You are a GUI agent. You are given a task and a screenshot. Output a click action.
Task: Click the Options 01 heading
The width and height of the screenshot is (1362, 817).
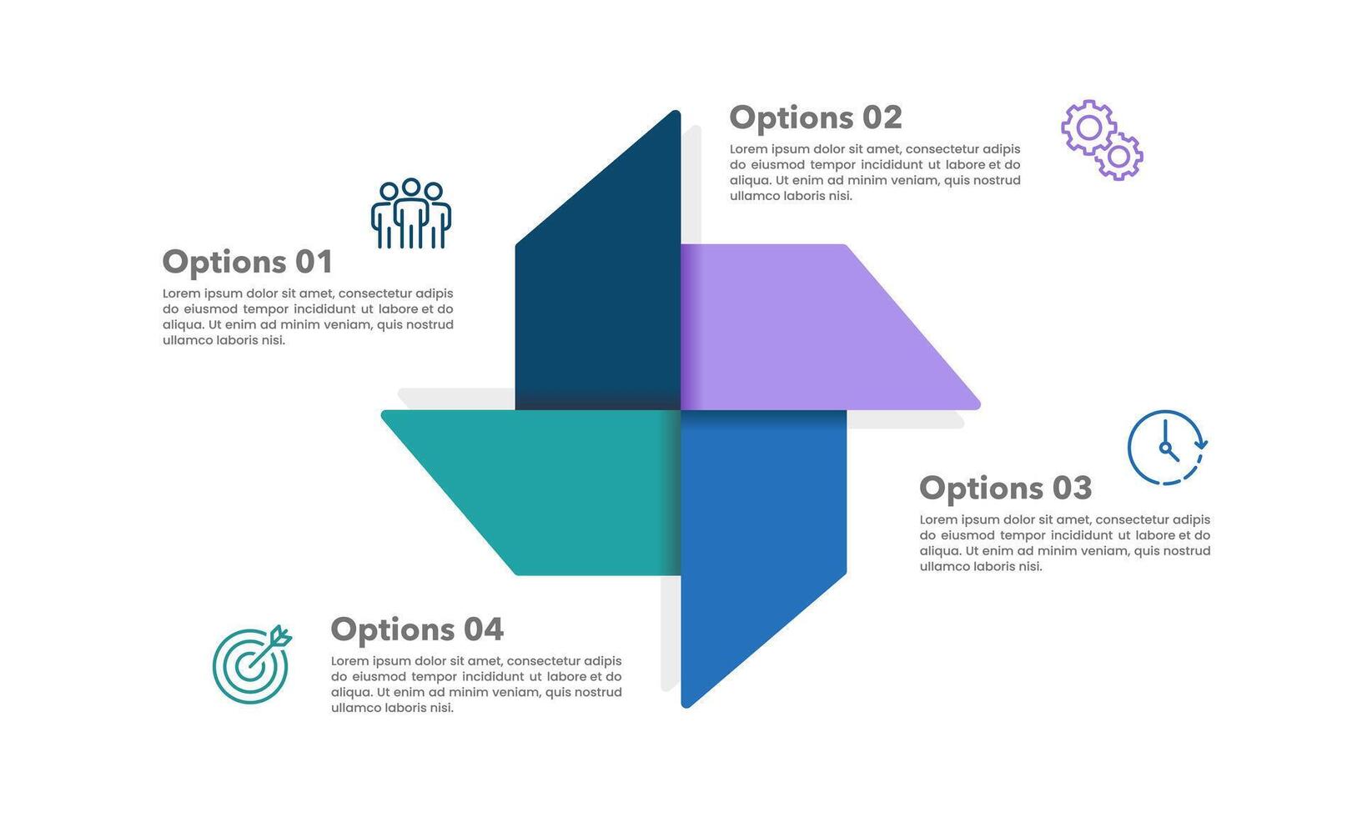click(x=248, y=263)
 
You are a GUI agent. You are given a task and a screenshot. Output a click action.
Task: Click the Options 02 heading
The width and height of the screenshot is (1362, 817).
click(x=816, y=118)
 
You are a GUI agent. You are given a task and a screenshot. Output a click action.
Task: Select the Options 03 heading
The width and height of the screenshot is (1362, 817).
click(x=1006, y=489)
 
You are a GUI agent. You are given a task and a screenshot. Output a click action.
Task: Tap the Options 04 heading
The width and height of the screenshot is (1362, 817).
click(x=417, y=629)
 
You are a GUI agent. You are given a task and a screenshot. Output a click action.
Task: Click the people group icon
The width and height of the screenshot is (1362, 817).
click(x=411, y=213)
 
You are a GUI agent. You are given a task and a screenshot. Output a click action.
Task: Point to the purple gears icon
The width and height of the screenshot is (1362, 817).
click(x=1102, y=140)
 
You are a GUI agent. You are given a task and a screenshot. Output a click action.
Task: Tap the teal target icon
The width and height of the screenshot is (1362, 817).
click(x=251, y=664)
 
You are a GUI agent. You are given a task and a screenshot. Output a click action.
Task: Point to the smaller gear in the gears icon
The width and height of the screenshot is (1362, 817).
click(x=1118, y=157)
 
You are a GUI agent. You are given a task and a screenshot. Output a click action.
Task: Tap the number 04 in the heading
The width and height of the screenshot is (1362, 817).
click(x=484, y=629)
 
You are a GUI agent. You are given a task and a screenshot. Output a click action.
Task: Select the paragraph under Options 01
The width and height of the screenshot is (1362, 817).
click(x=308, y=317)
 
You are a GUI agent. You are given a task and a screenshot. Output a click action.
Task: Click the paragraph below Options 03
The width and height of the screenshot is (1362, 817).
click(x=1065, y=543)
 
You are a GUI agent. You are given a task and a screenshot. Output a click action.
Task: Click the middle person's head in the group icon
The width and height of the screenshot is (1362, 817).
click(x=411, y=187)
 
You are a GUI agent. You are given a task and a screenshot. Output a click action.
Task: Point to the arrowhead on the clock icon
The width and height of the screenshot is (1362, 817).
click(x=1201, y=444)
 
